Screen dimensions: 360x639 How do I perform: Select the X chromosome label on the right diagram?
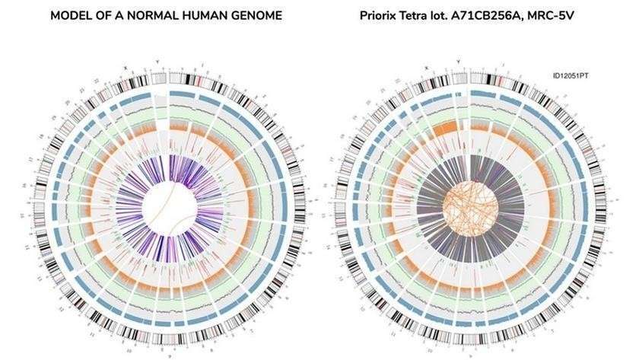click(x=428, y=67)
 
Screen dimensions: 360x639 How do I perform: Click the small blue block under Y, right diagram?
click(x=459, y=93)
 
